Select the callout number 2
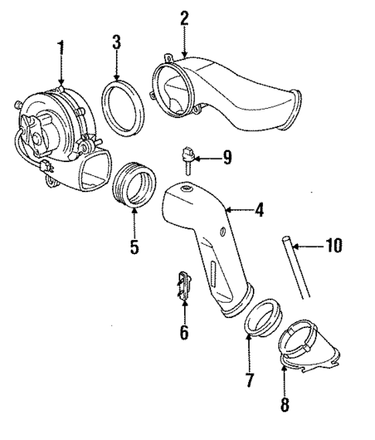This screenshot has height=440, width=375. (x=184, y=19)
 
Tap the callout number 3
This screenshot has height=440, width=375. (x=116, y=42)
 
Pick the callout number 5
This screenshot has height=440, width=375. (x=133, y=247)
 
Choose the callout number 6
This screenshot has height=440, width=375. (x=184, y=333)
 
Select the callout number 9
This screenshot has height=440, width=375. (x=227, y=158)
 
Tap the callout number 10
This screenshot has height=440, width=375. (x=332, y=246)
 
